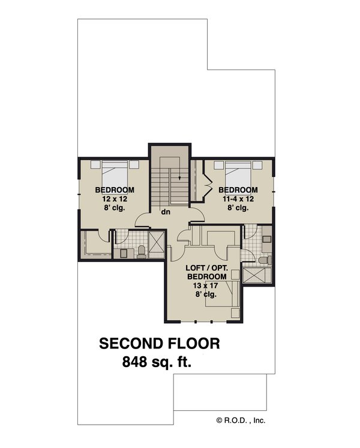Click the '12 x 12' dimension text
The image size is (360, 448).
click(114, 199)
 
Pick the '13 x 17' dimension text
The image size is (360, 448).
click(207, 285)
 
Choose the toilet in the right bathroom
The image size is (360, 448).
click(265, 259)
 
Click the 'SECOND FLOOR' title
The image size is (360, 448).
click(160, 344)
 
